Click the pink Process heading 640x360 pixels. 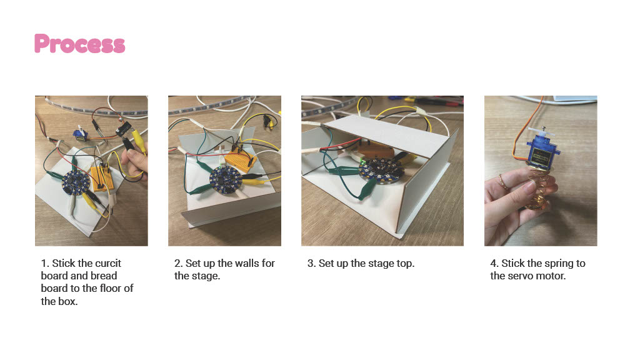coord(79,44)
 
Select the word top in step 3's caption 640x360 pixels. coord(404,264)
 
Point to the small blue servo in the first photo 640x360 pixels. coord(81,135)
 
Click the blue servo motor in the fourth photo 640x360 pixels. coord(543,152)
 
